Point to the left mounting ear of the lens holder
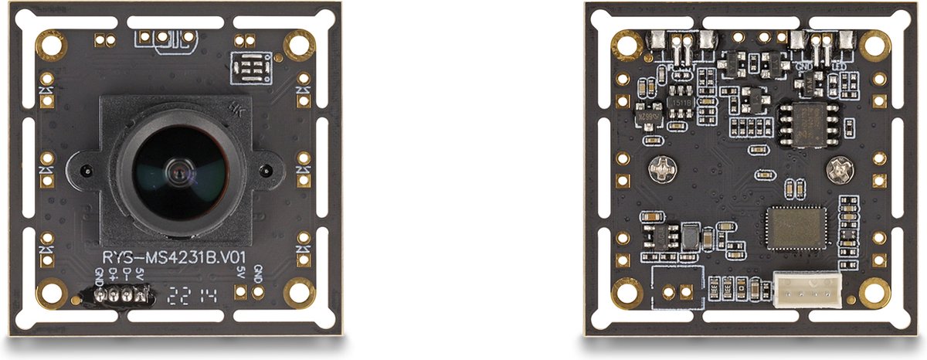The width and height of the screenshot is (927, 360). coord(84,168)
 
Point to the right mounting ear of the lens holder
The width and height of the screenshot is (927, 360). coord(267,169)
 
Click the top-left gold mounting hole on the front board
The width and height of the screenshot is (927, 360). coord(52,46)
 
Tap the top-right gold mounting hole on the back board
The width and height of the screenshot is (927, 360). coord(875,46)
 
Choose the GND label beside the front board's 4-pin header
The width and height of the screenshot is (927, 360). coord(99,276)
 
